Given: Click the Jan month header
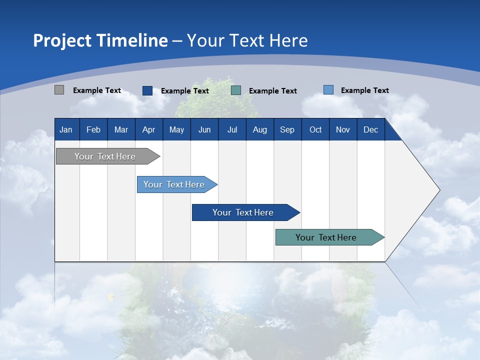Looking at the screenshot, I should [66, 129].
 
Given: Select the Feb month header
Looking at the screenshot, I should [93, 129].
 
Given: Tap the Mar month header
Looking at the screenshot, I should [121, 129].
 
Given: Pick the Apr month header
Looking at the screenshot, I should [149, 129].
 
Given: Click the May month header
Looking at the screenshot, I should [176, 129].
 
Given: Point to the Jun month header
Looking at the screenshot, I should [204, 129].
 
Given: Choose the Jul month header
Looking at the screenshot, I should [232, 129].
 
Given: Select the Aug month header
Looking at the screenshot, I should [260, 129].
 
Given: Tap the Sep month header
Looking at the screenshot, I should [287, 129].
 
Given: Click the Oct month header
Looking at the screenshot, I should [315, 129].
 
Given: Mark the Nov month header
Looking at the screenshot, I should [343, 129].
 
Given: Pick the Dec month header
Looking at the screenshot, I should [371, 129].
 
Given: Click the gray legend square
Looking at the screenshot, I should [59, 90].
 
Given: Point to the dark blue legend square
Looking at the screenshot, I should [147, 90].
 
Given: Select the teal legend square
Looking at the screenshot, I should [236, 90].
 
